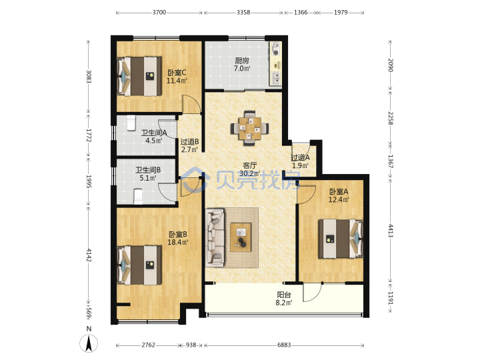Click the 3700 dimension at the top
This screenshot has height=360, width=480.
click(x=159, y=13)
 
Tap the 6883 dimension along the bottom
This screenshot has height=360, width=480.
click(x=284, y=345)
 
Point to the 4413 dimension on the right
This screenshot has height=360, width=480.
click(x=391, y=231)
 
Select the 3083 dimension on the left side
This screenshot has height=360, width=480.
click(x=89, y=77)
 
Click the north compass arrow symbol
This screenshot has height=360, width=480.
click(x=89, y=343)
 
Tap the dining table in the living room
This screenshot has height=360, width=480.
click(x=250, y=128)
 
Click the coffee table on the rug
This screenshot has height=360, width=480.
click(x=241, y=237)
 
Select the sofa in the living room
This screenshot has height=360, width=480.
click(x=215, y=237)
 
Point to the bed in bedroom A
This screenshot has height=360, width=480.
click(x=341, y=239)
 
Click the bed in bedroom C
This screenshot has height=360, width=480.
click(x=139, y=76)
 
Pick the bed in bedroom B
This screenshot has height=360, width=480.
click(x=139, y=265)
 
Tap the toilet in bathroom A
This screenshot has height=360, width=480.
click(x=131, y=123)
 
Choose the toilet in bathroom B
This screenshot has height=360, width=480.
click(x=138, y=196)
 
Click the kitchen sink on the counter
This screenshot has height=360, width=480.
click(x=276, y=78)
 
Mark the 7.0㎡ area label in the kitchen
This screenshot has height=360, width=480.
click(x=242, y=68)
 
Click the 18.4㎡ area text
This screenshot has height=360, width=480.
click(x=178, y=242)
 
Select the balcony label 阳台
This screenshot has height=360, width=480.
click(x=284, y=295)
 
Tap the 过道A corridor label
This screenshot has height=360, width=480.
click(x=300, y=157)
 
